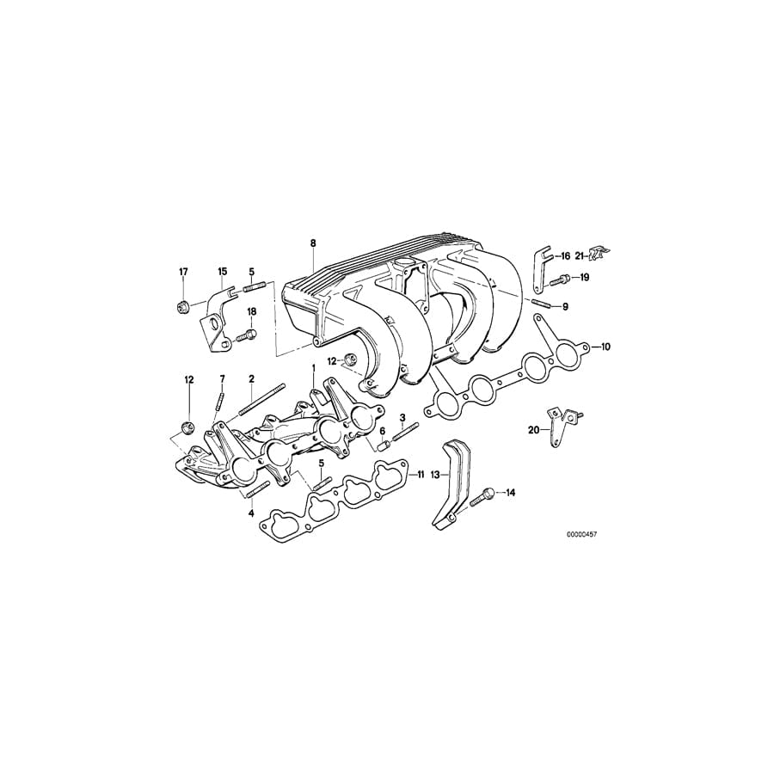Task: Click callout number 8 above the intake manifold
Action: (x=314, y=244)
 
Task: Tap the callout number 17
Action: (x=183, y=272)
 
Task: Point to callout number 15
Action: (x=221, y=272)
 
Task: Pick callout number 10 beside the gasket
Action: (x=605, y=347)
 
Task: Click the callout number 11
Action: (x=419, y=474)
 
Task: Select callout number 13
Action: (x=435, y=473)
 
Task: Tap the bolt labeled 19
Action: (x=561, y=278)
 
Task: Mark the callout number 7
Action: (x=221, y=379)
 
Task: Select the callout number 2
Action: (x=252, y=379)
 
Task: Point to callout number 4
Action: (x=252, y=513)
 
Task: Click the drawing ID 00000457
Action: (x=581, y=534)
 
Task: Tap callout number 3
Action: (x=402, y=417)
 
